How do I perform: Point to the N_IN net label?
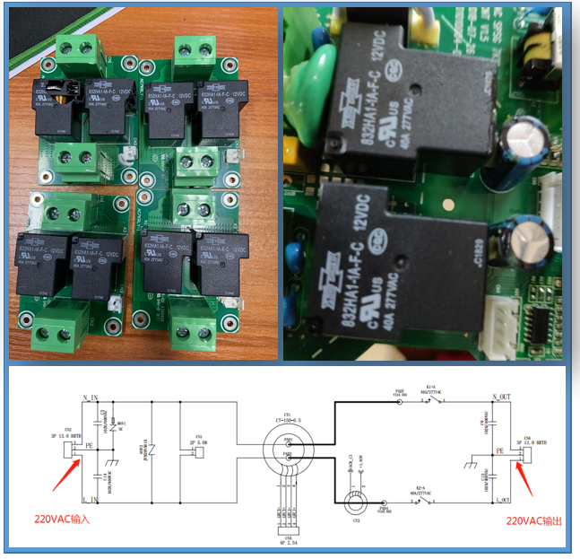tap(90, 397)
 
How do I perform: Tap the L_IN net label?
tap(90, 499)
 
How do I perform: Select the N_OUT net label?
tap(501, 397)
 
